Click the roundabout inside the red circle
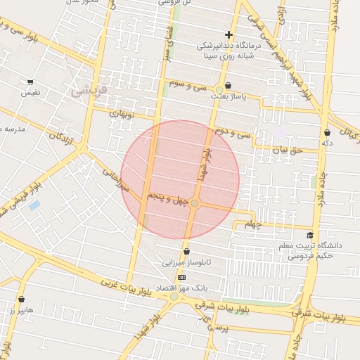click(x=195, y=203)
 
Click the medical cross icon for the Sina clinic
click(x=229, y=34)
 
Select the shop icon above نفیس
click(x=30, y=81)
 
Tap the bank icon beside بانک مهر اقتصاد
click(x=183, y=278)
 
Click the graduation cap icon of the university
click(x=310, y=236)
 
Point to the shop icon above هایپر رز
click(x=21, y=300)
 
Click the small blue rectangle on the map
click(x=34, y=205)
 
